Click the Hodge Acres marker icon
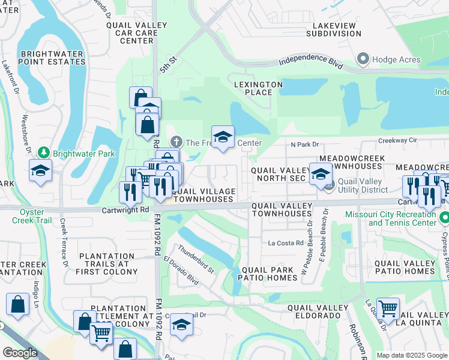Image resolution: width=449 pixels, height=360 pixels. tap(363, 59)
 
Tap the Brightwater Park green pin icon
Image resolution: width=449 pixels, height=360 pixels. tap(43, 153)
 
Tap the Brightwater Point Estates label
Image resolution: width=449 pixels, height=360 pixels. tap(52, 58)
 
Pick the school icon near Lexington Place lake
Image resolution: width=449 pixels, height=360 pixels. tap(223, 137)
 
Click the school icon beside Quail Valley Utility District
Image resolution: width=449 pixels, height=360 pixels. tap(321, 174)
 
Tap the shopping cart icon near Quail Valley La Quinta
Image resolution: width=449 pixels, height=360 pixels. tap(388, 309)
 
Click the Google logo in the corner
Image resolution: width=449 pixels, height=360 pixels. tap(20, 353)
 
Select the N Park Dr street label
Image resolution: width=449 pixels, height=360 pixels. tap(304, 145)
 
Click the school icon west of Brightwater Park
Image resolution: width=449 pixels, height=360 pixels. tap(40, 170)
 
